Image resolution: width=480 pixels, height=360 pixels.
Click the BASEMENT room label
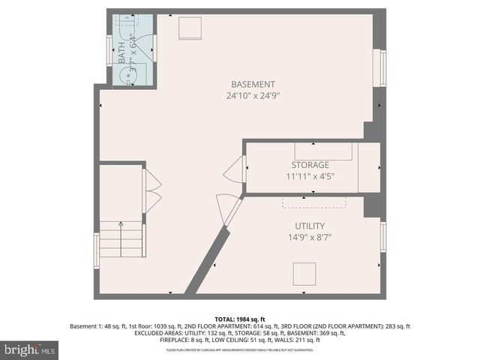click(x=253, y=84)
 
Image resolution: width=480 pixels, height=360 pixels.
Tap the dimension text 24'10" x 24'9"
click(x=253, y=96)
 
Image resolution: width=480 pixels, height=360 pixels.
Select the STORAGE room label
click(x=310, y=165)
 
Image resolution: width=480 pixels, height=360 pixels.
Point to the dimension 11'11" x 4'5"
click(x=310, y=177)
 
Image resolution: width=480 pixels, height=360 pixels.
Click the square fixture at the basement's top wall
click(x=190, y=28)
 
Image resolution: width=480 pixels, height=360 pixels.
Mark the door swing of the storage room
click(x=235, y=170)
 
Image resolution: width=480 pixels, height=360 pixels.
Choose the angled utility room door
click(x=226, y=208)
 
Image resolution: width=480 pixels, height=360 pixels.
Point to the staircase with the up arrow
click(x=121, y=238)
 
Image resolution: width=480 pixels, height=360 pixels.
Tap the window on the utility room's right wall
click(x=383, y=237)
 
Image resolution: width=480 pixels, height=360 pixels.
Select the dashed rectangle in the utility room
click(x=313, y=202)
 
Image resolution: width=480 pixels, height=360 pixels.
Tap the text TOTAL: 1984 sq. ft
click(x=240, y=319)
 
